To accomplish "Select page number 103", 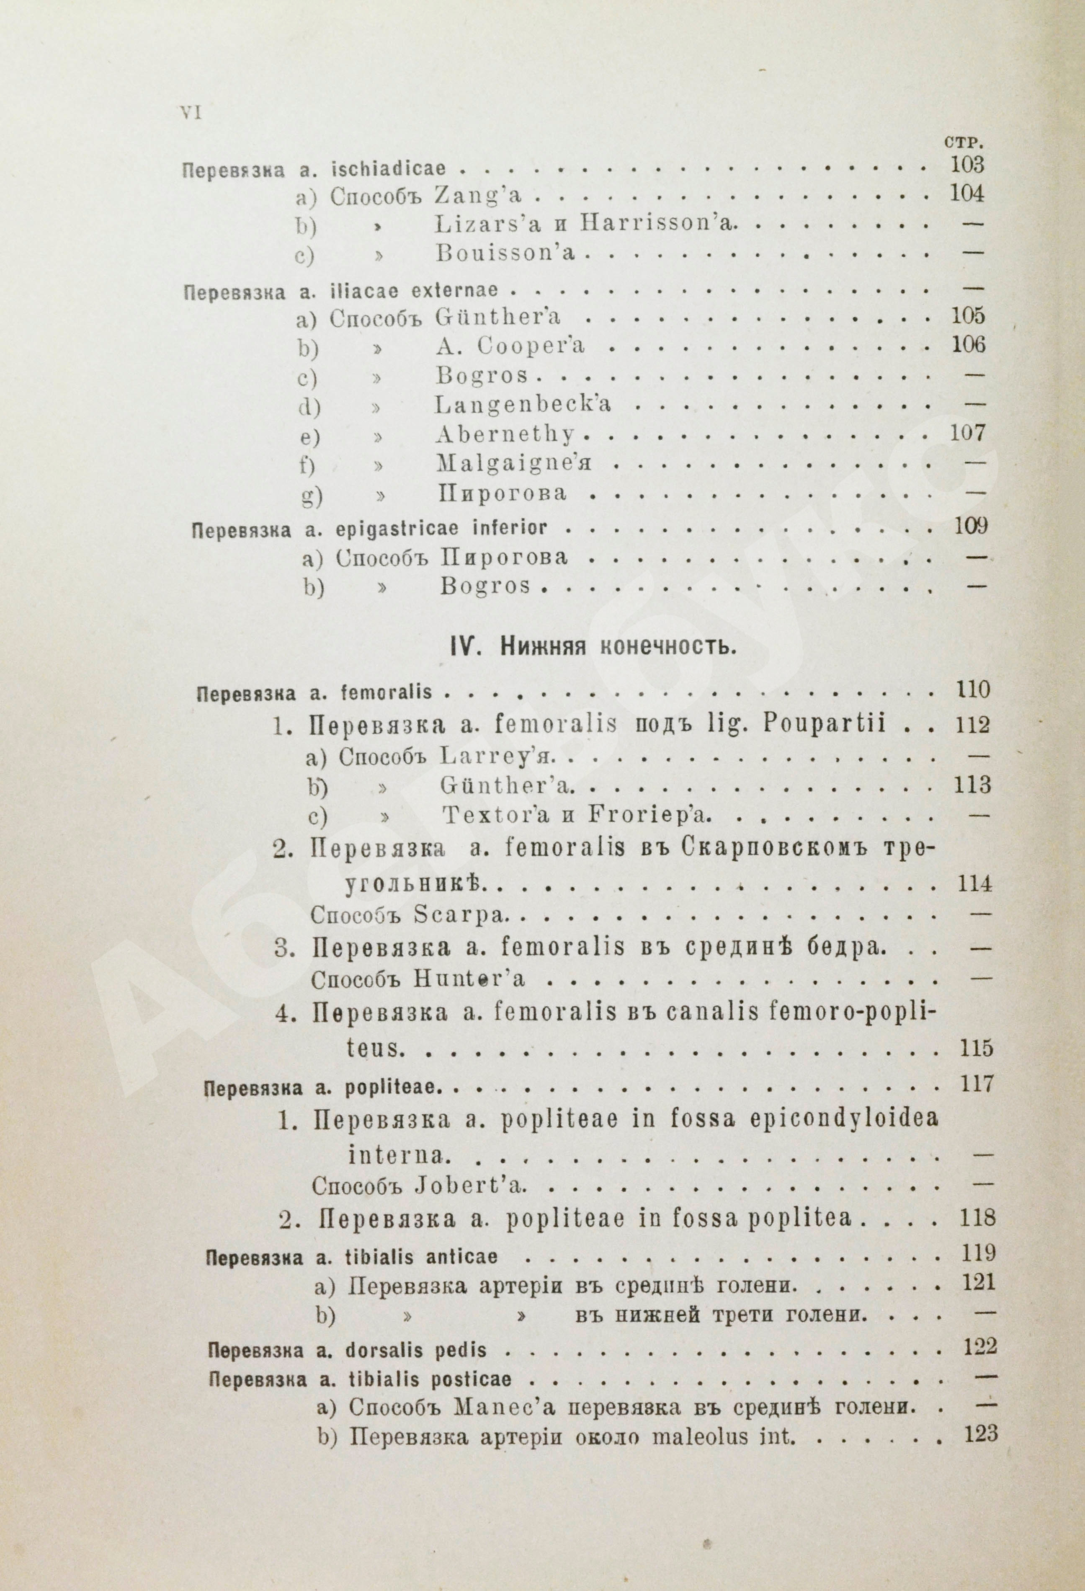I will click(x=966, y=165).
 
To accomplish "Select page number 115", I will click(x=974, y=1048).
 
